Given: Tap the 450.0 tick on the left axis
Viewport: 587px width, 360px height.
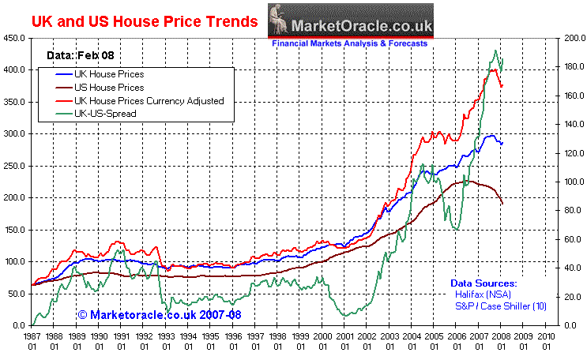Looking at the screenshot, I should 15,38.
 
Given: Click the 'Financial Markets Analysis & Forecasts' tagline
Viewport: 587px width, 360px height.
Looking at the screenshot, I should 350,44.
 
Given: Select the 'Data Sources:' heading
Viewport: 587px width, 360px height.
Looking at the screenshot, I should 484,283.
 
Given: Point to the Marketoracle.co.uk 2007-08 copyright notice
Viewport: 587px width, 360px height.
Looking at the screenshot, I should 160,315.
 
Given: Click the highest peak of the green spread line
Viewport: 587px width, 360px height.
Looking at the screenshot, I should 495,51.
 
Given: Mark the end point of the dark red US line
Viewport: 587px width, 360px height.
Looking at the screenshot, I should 503,204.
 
